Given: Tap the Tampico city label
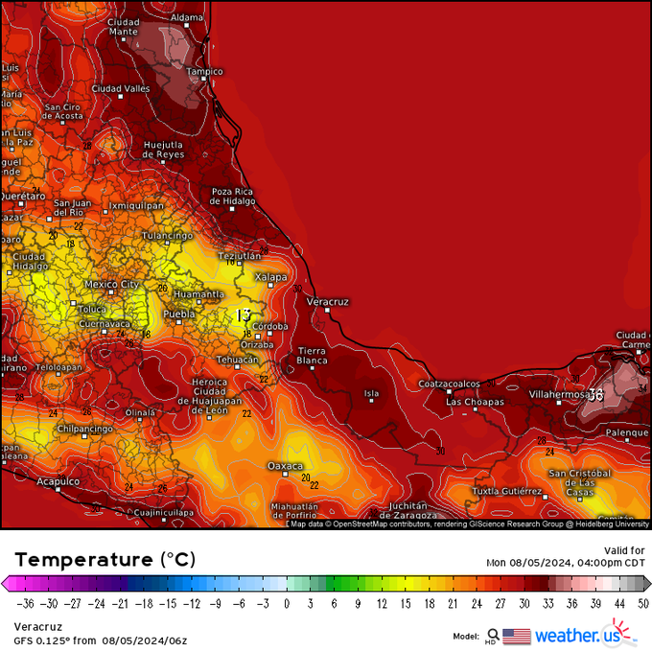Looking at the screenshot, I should pyautogui.click(x=204, y=71).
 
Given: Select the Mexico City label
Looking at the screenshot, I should pyautogui.click(x=111, y=284).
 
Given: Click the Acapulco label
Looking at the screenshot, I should pyautogui.click(x=58, y=481).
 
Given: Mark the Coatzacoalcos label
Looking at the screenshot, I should pyautogui.click(x=449, y=384).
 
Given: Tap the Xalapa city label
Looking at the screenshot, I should pyautogui.click(x=270, y=276).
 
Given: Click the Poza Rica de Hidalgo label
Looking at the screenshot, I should pyautogui.click(x=233, y=196).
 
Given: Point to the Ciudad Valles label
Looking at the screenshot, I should pyautogui.click(x=120, y=88).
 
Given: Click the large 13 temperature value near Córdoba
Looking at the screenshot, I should pyautogui.click(x=244, y=314).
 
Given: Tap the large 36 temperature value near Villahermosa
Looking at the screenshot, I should pyautogui.click(x=595, y=394).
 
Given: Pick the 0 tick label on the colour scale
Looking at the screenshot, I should pyautogui.click(x=287, y=604).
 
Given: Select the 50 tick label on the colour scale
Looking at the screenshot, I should pyautogui.click(x=642, y=604).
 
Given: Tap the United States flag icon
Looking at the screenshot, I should pyautogui.click(x=516, y=635).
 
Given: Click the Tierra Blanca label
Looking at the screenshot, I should pyautogui.click(x=312, y=356).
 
